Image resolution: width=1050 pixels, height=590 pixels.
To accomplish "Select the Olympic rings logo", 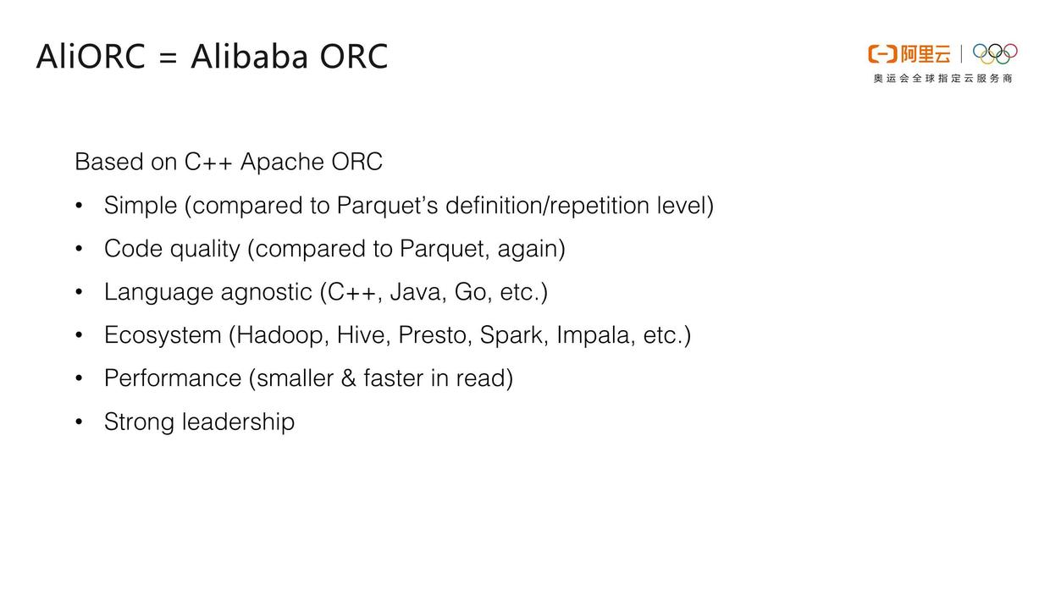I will [x=995, y=54].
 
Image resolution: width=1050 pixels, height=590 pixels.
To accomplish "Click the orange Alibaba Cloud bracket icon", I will [x=881, y=54].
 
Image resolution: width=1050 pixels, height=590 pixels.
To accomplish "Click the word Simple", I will [x=141, y=206].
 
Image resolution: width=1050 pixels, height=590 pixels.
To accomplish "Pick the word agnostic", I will [x=266, y=292].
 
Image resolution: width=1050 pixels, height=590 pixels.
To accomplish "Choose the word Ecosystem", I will [x=163, y=335].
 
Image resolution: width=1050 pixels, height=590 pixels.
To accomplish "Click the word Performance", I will [x=173, y=378].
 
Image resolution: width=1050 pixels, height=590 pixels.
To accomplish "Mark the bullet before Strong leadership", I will [x=79, y=422].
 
